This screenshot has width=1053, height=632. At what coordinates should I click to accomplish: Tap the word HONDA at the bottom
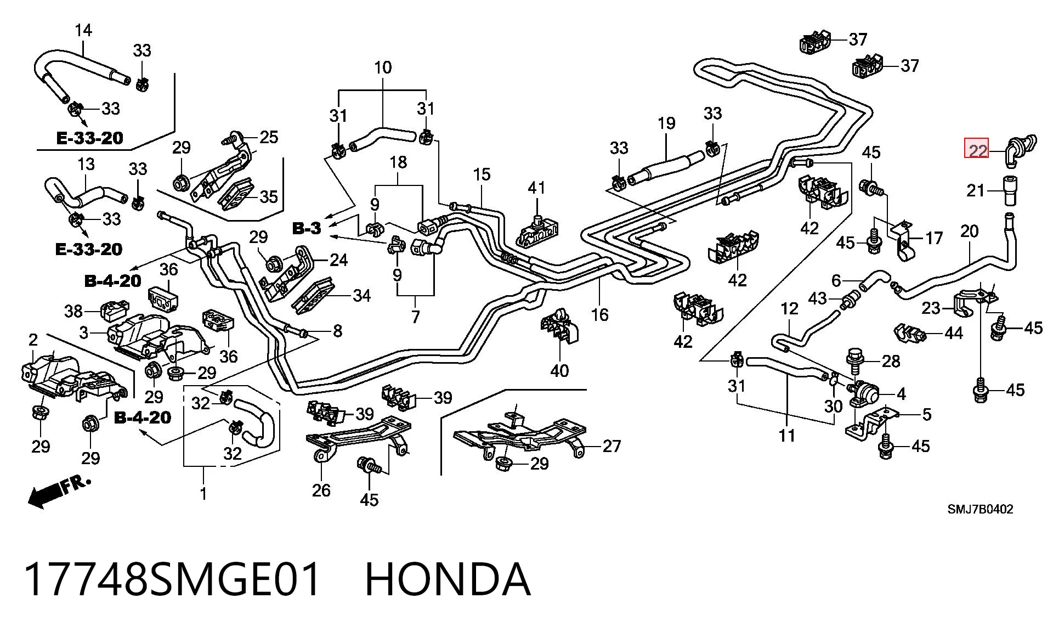[x=448, y=579]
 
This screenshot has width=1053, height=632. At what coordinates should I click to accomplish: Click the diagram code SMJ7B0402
[x=980, y=509]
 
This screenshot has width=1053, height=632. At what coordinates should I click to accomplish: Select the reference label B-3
[x=307, y=228]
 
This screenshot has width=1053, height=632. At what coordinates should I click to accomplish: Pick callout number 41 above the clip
[x=536, y=188]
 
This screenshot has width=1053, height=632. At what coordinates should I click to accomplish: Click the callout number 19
[x=666, y=123]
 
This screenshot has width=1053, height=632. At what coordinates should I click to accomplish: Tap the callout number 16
[x=600, y=314]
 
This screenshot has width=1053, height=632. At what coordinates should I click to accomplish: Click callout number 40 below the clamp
[x=559, y=371]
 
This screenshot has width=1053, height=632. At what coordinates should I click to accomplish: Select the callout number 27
[x=612, y=446]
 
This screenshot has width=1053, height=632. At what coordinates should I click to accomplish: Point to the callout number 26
[x=321, y=490]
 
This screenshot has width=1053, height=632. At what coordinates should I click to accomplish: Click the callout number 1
[x=203, y=493]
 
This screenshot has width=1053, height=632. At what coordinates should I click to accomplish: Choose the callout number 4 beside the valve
[x=901, y=393]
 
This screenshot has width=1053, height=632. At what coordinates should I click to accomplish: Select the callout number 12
[x=789, y=309]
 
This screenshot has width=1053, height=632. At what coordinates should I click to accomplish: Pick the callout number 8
[x=337, y=330]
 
